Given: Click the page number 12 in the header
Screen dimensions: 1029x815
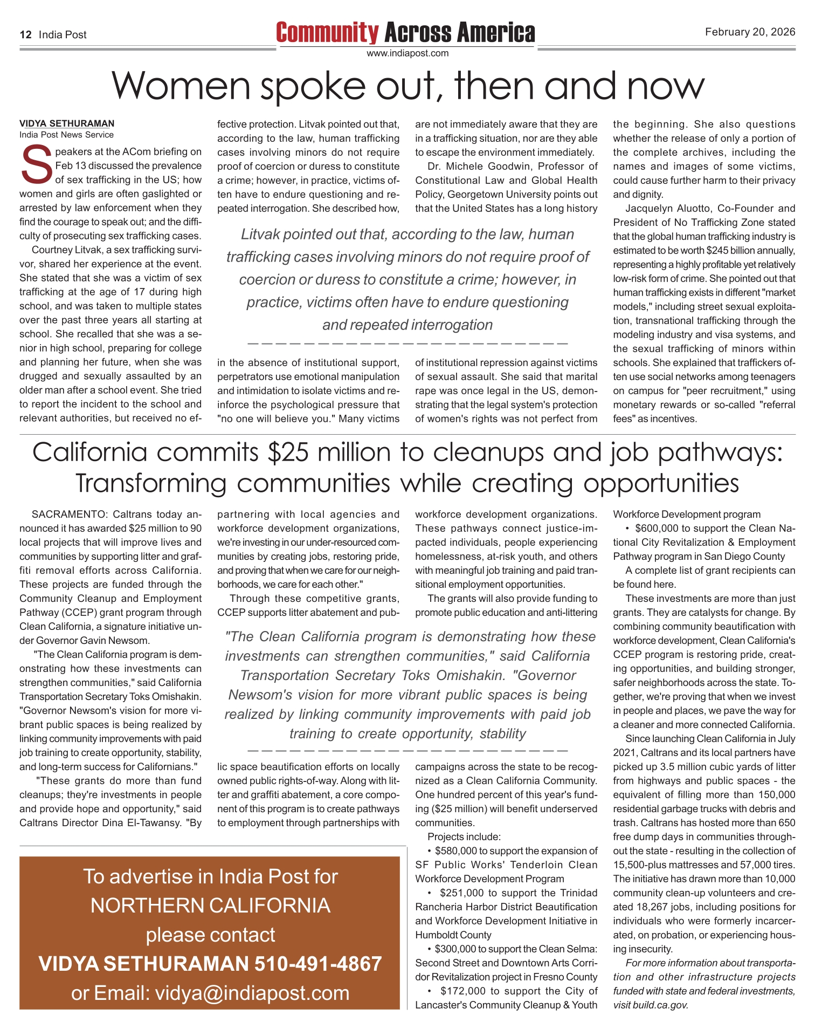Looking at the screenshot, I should click(x=25, y=35).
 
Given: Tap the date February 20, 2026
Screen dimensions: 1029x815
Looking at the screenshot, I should click(x=750, y=32).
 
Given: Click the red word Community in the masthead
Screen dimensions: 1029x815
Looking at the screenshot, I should click(x=327, y=33).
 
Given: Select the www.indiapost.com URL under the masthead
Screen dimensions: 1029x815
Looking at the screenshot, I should click(x=408, y=53).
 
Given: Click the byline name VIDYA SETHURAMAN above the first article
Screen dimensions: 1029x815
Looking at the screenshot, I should click(x=67, y=124).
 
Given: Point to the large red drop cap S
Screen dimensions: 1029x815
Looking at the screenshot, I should click(x=36, y=165).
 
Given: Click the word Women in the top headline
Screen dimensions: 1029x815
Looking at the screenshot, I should click(x=181, y=86).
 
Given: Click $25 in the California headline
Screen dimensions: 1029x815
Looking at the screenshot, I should click(x=288, y=452).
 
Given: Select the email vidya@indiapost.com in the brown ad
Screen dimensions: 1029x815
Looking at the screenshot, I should click(x=252, y=993).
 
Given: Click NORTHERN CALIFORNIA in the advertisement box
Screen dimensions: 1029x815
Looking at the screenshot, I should click(x=210, y=905).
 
